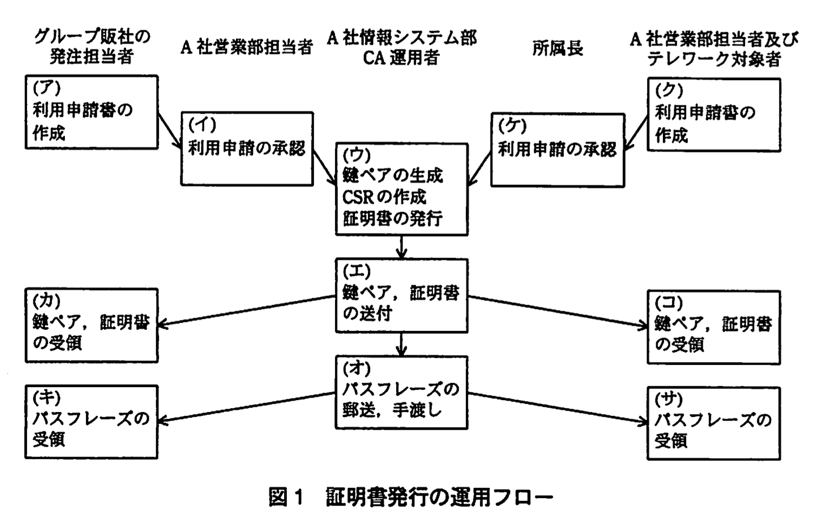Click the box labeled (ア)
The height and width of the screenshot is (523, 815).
91,112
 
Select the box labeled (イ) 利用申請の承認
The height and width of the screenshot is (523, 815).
247,149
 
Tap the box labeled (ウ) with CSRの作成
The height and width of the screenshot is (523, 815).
402,189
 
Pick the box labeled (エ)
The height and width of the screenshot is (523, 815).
402,296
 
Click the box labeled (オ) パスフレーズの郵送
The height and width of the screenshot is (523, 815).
402,393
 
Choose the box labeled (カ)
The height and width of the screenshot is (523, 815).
91,325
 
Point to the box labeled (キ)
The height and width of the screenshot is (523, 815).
91,422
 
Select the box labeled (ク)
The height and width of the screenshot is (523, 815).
714,115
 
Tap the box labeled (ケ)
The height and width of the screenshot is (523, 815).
557,150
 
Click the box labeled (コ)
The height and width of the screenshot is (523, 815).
714,327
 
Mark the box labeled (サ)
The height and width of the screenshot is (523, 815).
714,423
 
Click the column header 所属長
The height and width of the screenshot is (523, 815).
557,48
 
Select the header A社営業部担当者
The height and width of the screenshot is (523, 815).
247,47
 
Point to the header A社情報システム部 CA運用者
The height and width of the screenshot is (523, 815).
402,47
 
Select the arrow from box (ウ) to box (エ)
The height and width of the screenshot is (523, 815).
402,247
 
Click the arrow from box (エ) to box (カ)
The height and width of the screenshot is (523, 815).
246,311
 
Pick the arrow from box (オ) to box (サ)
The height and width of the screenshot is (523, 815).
557,407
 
